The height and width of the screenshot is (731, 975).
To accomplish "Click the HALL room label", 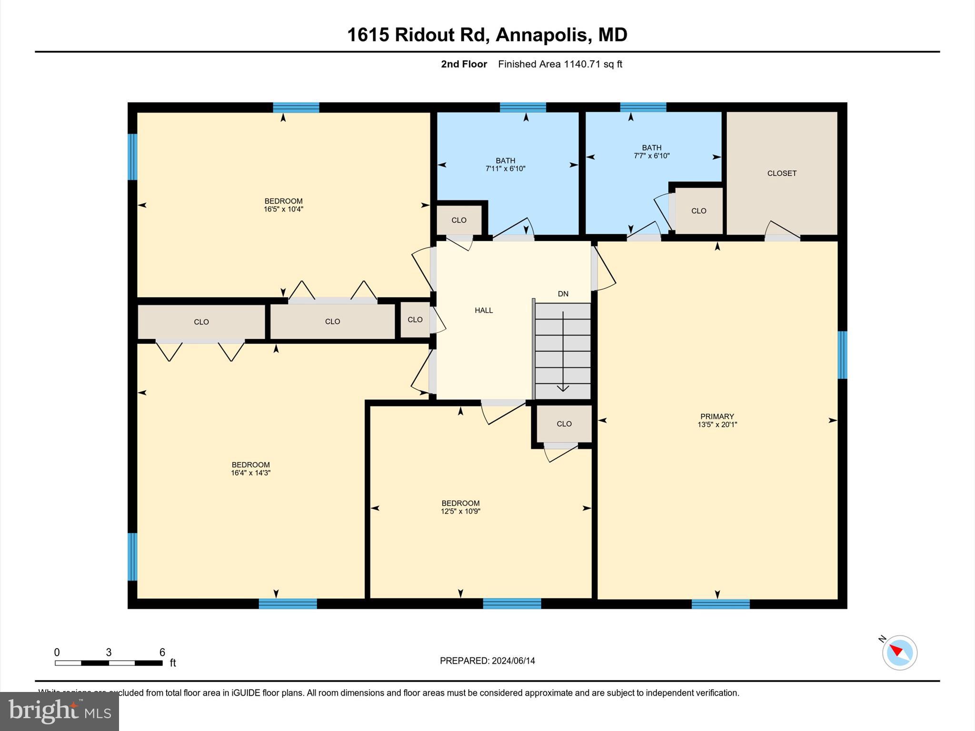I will coord(483,310).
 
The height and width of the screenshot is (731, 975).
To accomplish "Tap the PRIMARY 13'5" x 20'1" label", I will coord(717,420).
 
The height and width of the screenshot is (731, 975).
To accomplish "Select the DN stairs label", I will coord(563,294).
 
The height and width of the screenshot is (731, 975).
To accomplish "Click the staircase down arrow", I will coord(563,352).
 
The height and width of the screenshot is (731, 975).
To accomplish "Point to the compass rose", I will coord(899,652).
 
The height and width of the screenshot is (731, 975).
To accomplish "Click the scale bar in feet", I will coord(109,662).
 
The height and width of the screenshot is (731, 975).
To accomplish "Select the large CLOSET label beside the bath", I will coord(781,173).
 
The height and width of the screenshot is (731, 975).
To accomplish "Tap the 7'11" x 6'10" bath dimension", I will coord(505,168).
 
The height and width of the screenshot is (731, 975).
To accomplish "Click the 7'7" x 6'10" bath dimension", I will coord(651,156).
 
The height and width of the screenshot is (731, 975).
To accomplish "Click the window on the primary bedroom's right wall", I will coord(842,355).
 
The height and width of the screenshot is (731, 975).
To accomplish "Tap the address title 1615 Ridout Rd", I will coord(487,35).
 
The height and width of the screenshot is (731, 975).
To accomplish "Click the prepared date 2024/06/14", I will coord(487,661).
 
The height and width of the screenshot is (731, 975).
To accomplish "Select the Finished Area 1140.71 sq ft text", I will coord(560,64).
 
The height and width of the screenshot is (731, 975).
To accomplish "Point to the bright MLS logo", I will coord(60,711).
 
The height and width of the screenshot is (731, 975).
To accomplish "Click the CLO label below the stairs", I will coord(564,424).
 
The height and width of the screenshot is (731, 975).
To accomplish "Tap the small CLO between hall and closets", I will coord(415,320).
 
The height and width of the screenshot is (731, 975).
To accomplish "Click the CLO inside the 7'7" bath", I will coord(698,211).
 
